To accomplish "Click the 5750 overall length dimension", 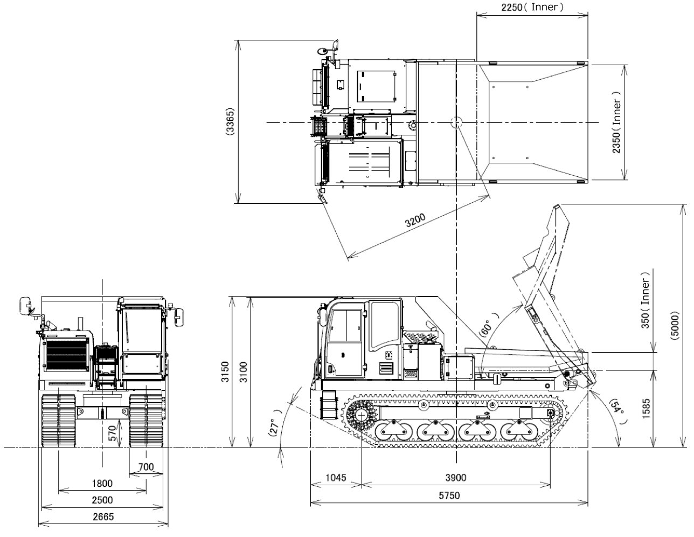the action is [x=449, y=495].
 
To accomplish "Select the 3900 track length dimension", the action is [x=456, y=478].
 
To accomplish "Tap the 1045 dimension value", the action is [x=336, y=478].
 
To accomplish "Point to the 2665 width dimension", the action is [x=103, y=517].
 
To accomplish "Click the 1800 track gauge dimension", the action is [x=102, y=483].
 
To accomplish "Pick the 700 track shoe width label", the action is [x=146, y=467].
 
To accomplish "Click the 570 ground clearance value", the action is [x=112, y=433].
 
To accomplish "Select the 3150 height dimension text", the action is [x=225, y=372].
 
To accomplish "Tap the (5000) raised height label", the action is [x=675, y=326].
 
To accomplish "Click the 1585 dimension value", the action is [x=646, y=409].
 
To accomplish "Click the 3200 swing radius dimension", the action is [x=415, y=221].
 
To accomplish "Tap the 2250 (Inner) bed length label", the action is [x=532, y=7].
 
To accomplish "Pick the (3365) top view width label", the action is [x=230, y=122].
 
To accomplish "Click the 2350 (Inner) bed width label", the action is [x=616, y=122].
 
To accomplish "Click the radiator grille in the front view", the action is [x=67, y=355].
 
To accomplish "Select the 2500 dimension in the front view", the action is [x=102, y=500].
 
